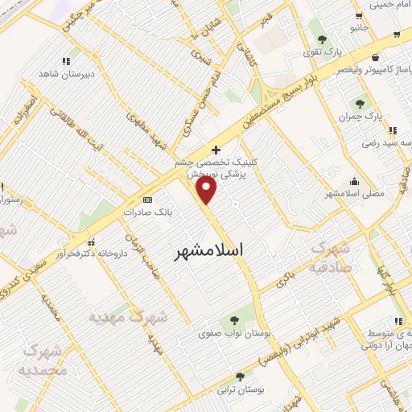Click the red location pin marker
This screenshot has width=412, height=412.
coord(208,190)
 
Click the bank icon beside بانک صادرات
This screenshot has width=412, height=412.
coord(146,199)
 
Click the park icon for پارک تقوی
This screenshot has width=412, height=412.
coord(321,39)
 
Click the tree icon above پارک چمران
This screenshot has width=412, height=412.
coord(359,104)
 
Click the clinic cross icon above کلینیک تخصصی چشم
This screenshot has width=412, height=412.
coord(216,150)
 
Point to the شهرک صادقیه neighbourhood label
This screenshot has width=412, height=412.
coord(350,257)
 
